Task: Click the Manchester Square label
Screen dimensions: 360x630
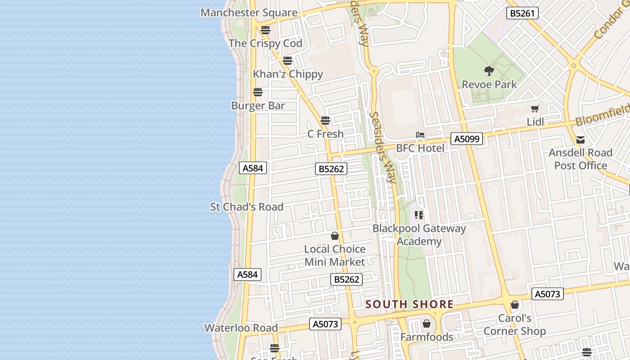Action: coord(249,13)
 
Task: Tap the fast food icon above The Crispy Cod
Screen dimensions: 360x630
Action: coord(265,30)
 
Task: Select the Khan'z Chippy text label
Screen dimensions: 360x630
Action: coord(288,74)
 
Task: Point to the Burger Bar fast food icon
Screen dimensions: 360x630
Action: coord(258,92)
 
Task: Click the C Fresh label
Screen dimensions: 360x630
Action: coord(325,134)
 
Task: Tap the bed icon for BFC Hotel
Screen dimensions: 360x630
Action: coord(420,135)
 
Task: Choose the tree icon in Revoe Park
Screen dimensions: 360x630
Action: coord(489,71)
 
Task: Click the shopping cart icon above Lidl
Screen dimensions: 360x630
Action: coord(535,108)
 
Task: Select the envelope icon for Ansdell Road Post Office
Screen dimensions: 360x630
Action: coord(580,140)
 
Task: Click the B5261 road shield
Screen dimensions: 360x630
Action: coord(522,13)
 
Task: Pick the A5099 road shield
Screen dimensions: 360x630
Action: coord(467,139)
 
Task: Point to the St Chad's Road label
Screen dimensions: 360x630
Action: coord(247,207)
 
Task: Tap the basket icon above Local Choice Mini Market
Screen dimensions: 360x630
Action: coord(335,236)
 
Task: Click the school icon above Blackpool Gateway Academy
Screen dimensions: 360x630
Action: coord(419,215)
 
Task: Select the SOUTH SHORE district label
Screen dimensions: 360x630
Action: coord(409,304)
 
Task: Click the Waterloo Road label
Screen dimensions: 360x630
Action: coord(241,328)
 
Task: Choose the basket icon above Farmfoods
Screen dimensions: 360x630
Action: coord(427,324)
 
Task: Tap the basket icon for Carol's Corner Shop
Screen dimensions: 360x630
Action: coord(515,305)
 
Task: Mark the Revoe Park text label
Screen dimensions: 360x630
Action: coord(490,85)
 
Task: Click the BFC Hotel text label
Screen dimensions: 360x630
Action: coord(420,148)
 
